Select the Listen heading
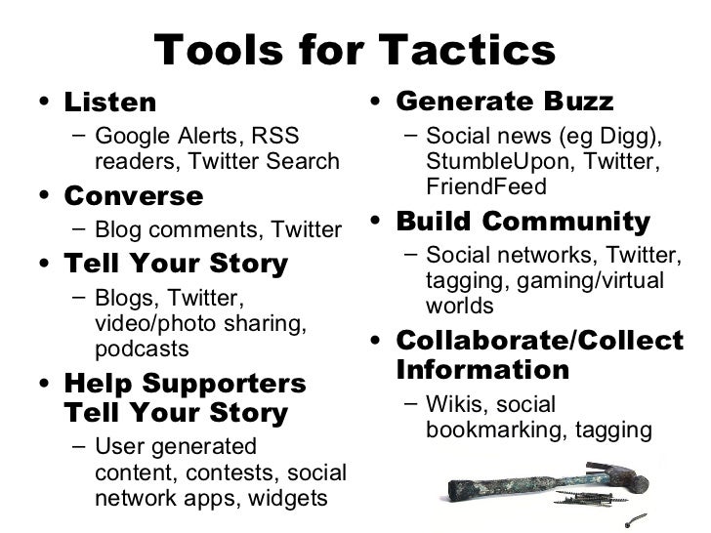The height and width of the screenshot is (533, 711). (x=109, y=102)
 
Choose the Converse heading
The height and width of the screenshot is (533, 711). (x=133, y=196)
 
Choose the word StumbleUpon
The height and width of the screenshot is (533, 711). (x=489, y=160)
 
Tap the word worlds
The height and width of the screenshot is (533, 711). (x=459, y=305)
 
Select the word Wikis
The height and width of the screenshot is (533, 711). (x=453, y=403)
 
